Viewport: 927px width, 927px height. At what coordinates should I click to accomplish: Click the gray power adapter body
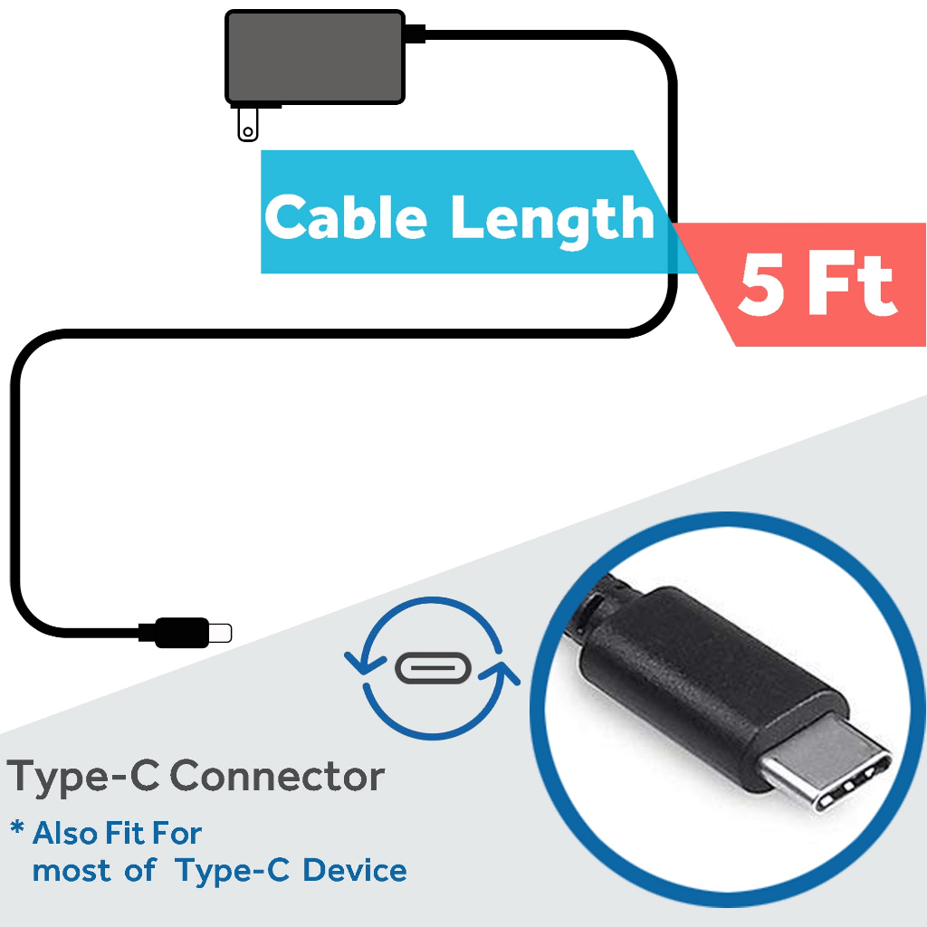(315, 57)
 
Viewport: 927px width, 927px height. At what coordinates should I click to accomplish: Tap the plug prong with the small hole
(248, 124)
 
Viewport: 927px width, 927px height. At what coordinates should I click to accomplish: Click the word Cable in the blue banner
(345, 216)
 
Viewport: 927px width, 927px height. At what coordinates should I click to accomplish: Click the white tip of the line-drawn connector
(220, 633)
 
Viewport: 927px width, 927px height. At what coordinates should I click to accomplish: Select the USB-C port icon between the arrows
(433, 668)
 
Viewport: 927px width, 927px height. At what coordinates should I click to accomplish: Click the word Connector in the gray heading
(277, 776)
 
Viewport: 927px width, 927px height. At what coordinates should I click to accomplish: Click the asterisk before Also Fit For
(17, 827)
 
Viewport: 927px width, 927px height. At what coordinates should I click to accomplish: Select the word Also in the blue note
(66, 833)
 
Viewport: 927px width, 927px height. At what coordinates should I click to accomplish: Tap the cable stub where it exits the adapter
(415, 33)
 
